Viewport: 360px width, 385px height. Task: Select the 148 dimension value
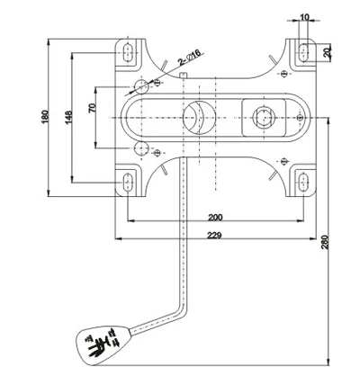click(69, 117)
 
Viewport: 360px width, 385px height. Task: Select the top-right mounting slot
click(306, 49)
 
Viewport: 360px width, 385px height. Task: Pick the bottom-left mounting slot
click(127, 184)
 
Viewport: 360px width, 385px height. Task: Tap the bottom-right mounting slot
click(306, 184)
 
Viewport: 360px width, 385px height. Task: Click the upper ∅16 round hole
click(140, 86)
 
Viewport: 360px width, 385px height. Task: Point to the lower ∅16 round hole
click(140, 147)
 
